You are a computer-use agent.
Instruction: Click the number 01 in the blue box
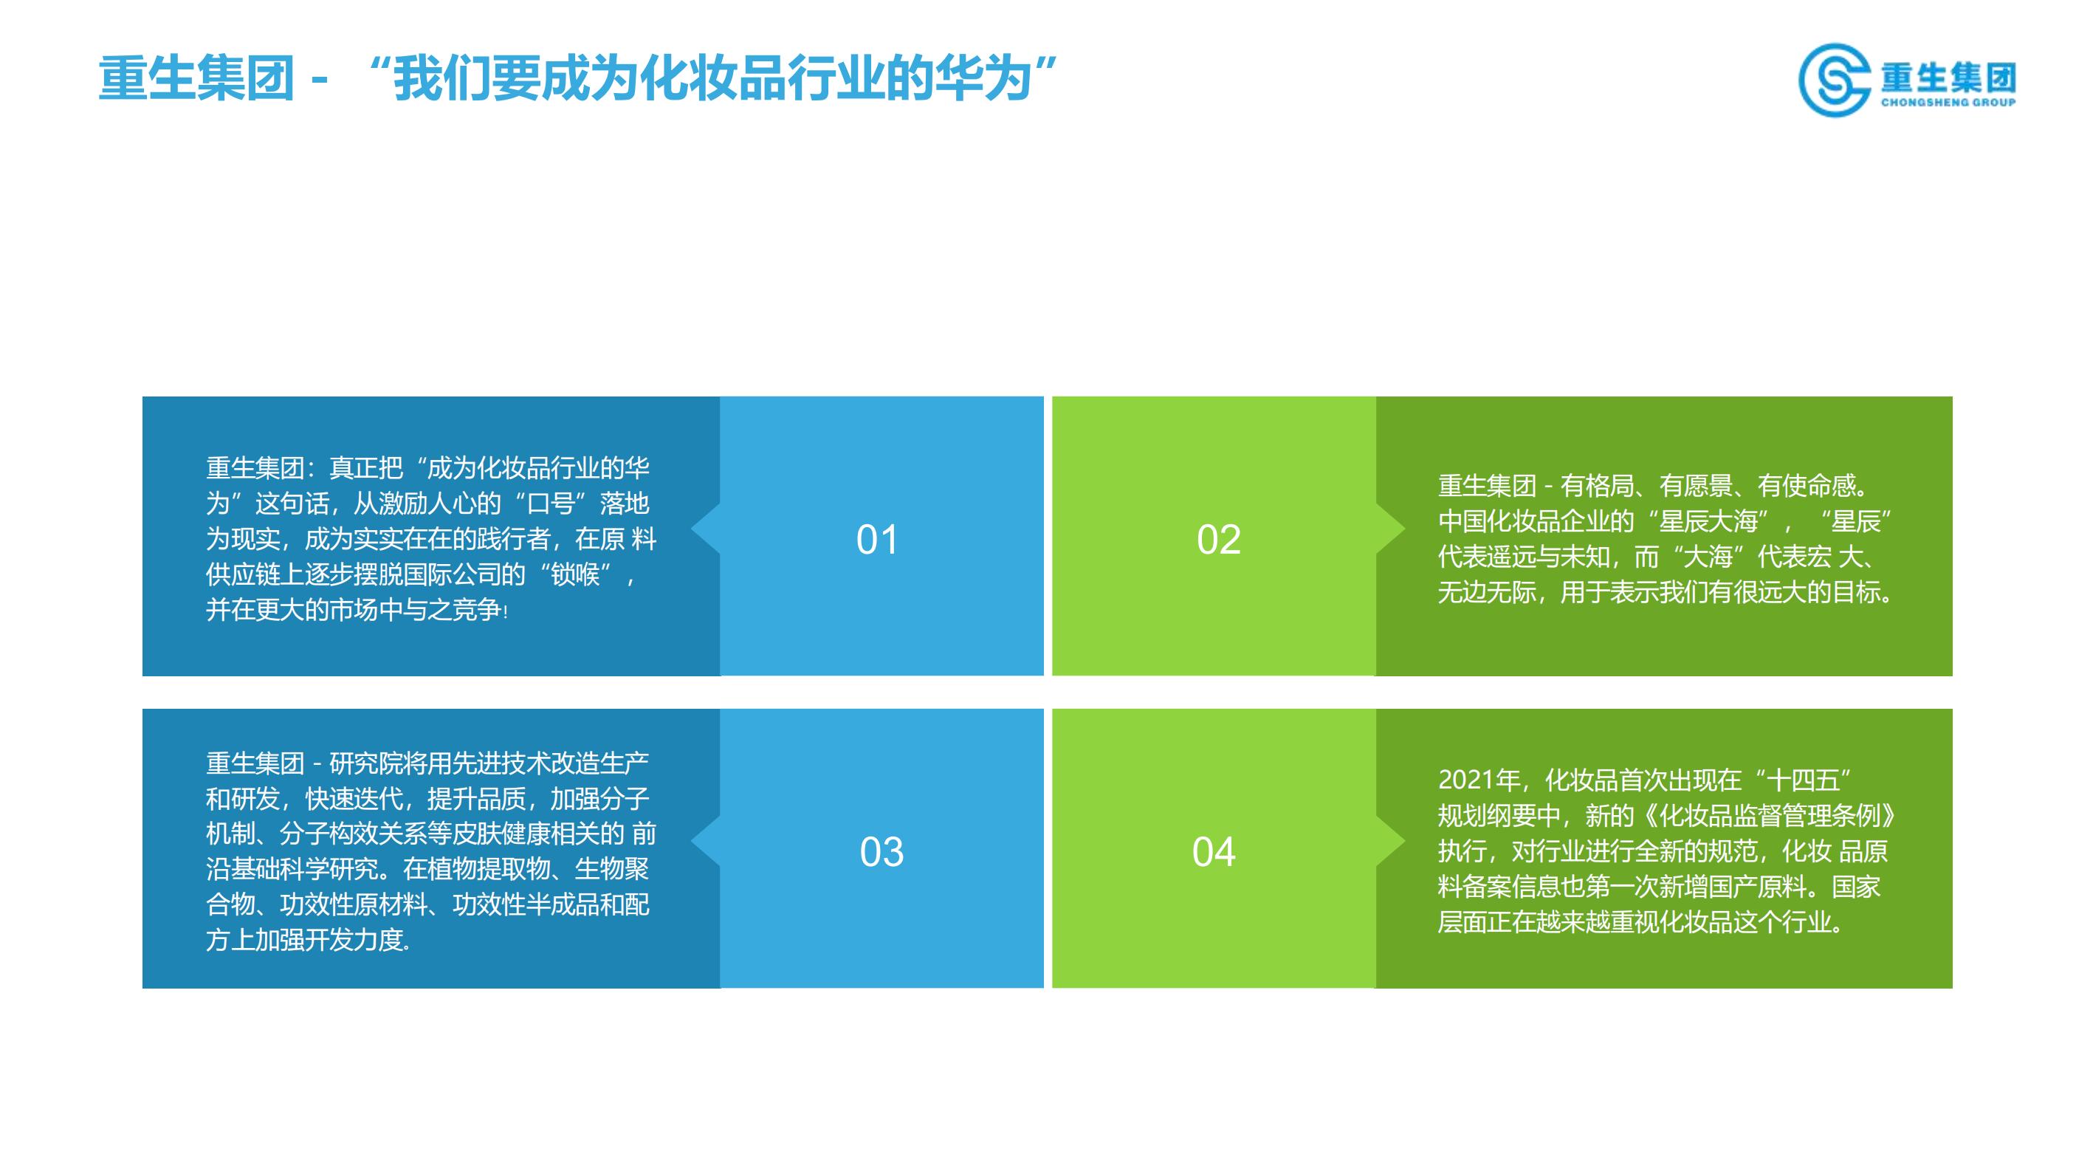pyautogui.click(x=877, y=539)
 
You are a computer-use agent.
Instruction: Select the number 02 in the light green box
pyautogui.click(x=1219, y=539)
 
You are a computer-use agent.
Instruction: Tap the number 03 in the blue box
pyautogui.click(x=881, y=852)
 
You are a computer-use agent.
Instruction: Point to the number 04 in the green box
pyautogui.click(x=1214, y=852)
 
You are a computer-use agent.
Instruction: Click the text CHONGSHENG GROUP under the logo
pyautogui.click(x=1948, y=103)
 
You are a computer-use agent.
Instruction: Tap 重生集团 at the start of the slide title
pyautogui.click(x=196, y=79)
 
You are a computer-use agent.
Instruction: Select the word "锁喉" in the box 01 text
pyautogui.click(x=574, y=574)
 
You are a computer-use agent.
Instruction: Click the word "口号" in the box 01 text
pyautogui.click(x=551, y=503)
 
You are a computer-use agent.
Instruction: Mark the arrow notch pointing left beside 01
pyautogui.click(x=706, y=529)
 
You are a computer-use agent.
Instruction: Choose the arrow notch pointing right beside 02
pyautogui.click(x=1390, y=529)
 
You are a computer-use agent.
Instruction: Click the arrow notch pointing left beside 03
pyautogui.click(x=706, y=842)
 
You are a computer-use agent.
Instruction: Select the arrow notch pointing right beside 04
pyautogui.click(x=1390, y=842)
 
